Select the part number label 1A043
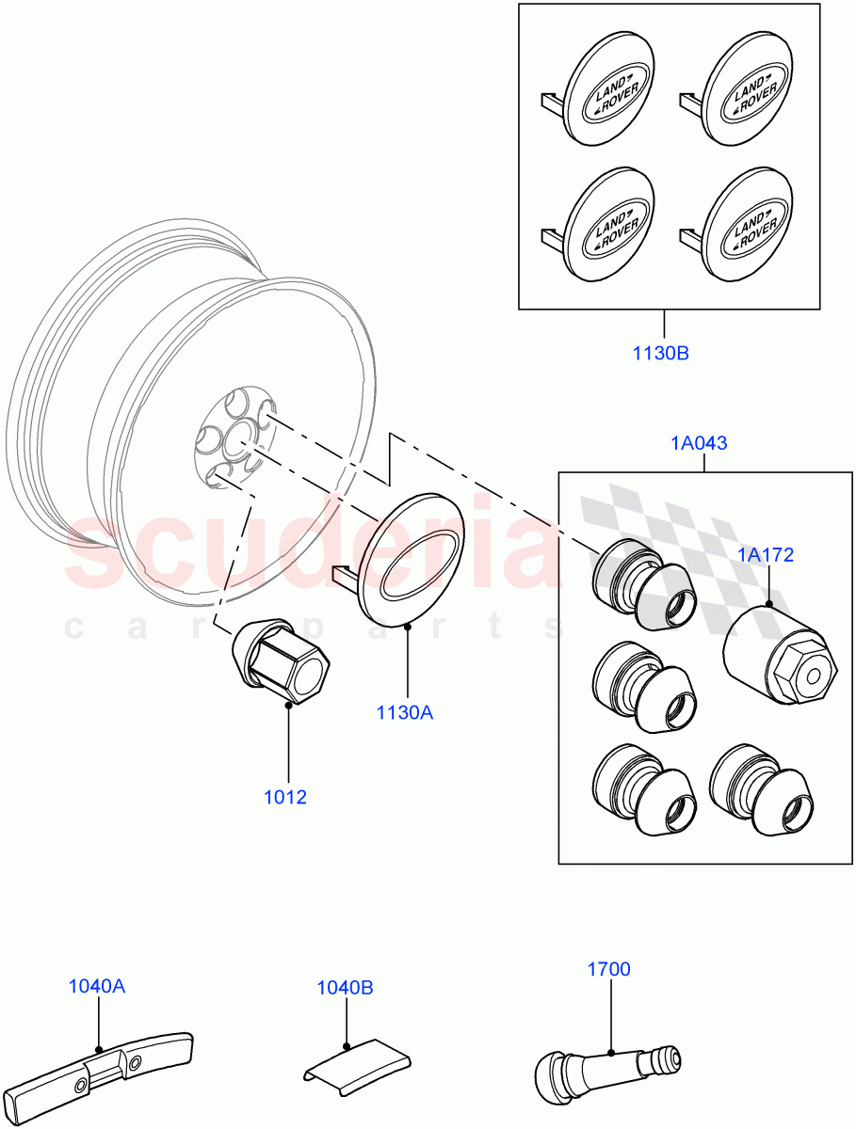[699, 443]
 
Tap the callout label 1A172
[765, 555]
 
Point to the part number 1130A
[405, 713]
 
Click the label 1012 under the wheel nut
[285, 797]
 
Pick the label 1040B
[345, 988]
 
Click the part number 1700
[609, 968]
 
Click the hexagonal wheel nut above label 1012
[283, 662]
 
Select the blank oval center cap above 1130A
[412, 561]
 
